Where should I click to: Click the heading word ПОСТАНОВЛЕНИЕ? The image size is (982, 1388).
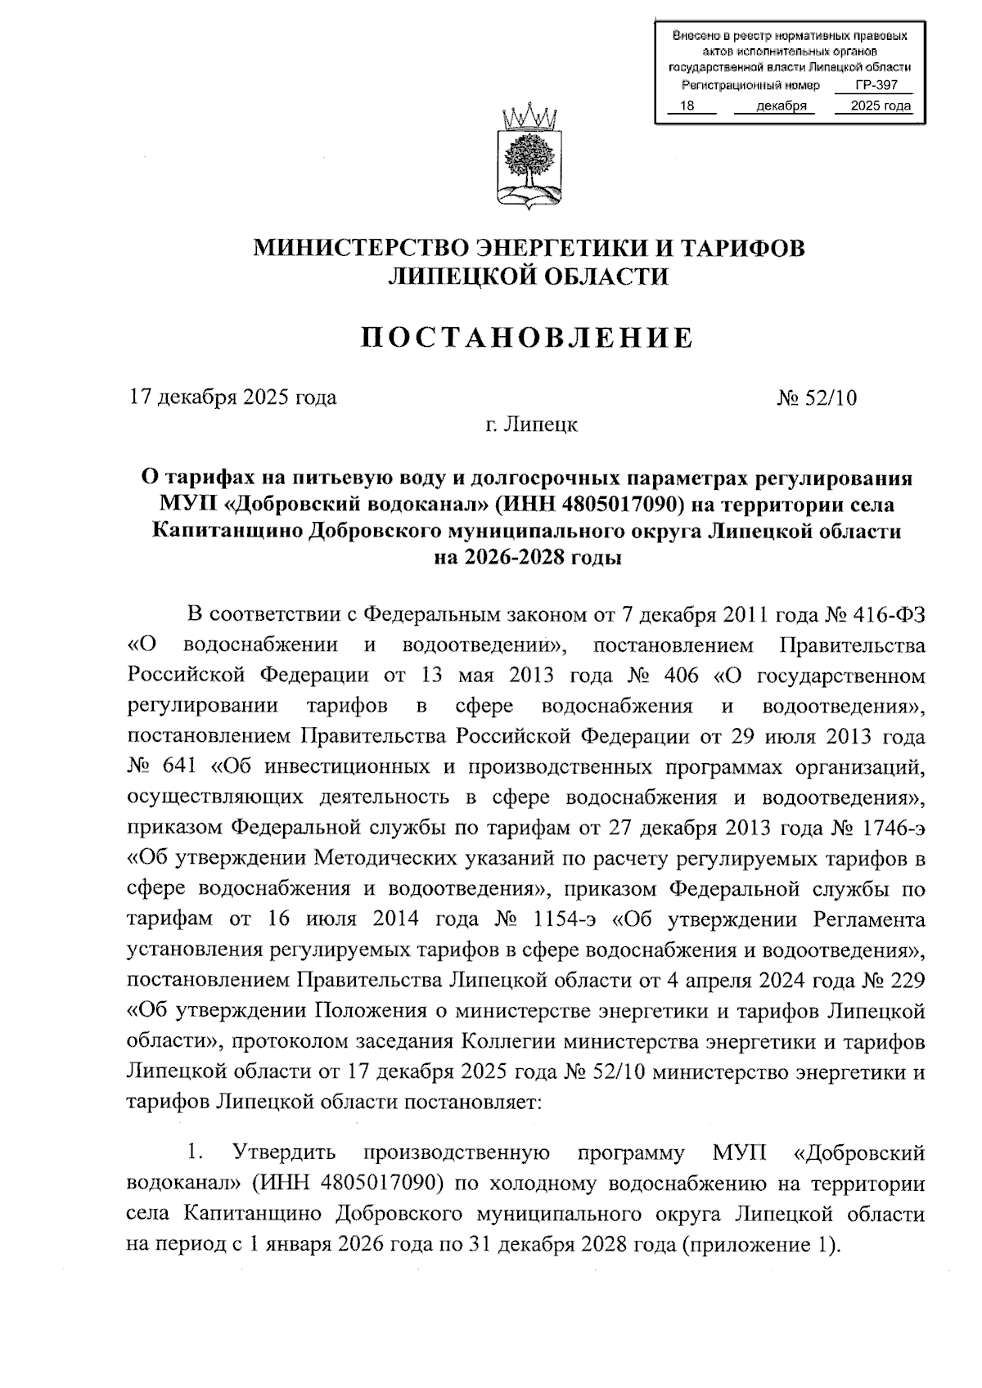coord(528,337)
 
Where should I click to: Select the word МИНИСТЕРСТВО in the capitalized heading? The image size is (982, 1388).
coord(358,248)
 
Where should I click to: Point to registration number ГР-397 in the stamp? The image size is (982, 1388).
coord(872,86)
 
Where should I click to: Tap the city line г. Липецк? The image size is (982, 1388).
coord(529,425)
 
